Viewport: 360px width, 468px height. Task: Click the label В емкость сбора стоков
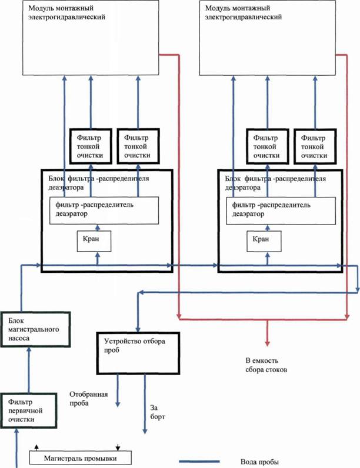pyautogui.click(x=266, y=365)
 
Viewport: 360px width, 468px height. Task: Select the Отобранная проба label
pyautogui.click(x=89, y=399)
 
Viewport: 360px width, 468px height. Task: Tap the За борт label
pyautogui.click(x=157, y=412)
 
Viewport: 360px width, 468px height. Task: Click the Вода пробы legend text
pyautogui.click(x=259, y=462)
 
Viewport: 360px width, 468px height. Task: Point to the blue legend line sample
pyautogui.click(x=199, y=462)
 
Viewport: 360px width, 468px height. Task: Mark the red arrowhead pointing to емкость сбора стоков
pyautogui.click(x=268, y=343)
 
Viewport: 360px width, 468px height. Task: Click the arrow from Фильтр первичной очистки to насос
pyautogui.click(x=29, y=370)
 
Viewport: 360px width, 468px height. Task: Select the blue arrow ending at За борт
pyautogui.click(x=145, y=404)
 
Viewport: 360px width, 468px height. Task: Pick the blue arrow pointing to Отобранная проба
pyautogui.click(x=118, y=391)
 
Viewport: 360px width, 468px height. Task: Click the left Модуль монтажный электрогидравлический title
pyautogui.click(x=66, y=12)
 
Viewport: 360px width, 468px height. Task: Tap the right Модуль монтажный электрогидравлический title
pyautogui.click(x=243, y=12)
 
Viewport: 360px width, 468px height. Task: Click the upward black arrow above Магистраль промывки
pyautogui.click(x=36, y=447)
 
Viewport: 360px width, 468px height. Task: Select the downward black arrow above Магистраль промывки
pyautogui.click(x=118, y=447)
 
